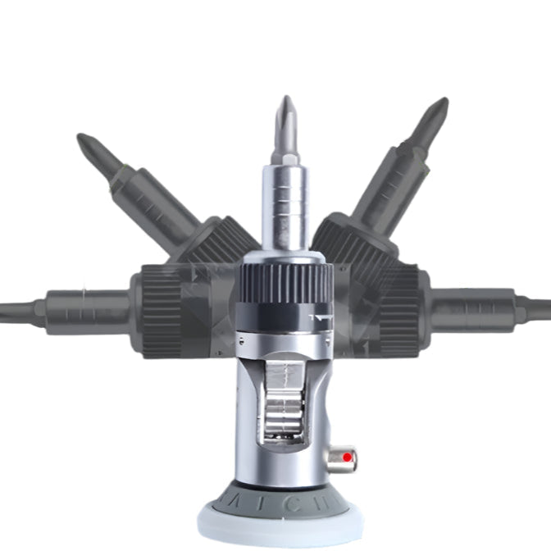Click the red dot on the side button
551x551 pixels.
pyautogui.click(x=348, y=456)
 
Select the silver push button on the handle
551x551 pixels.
pyautogui.click(x=343, y=458)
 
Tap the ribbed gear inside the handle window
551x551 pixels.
pyautogui.click(x=283, y=410)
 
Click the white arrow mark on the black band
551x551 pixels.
pyautogui.click(x=321, y=313)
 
